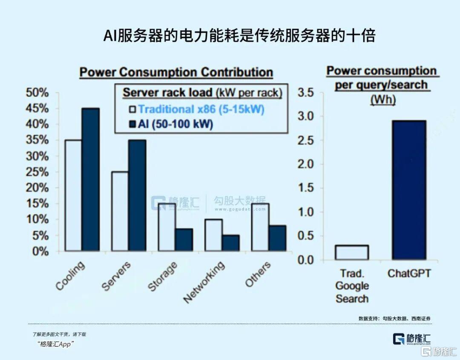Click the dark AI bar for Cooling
coord(90,179)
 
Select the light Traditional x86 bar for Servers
coord(119,211)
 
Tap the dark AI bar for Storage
coord(184,240)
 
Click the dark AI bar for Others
coord(277,238)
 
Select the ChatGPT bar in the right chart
coord(409,190)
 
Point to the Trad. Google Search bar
coord(351,252)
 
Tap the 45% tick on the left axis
coord(37,109)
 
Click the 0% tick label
coord(40,251)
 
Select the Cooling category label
coord(71,276)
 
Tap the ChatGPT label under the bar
coord(408,273)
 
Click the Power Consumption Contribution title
coord(176,72)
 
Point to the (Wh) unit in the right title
coord(382,100)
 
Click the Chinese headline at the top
coord(239,36)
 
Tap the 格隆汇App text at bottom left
coord(56,344)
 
